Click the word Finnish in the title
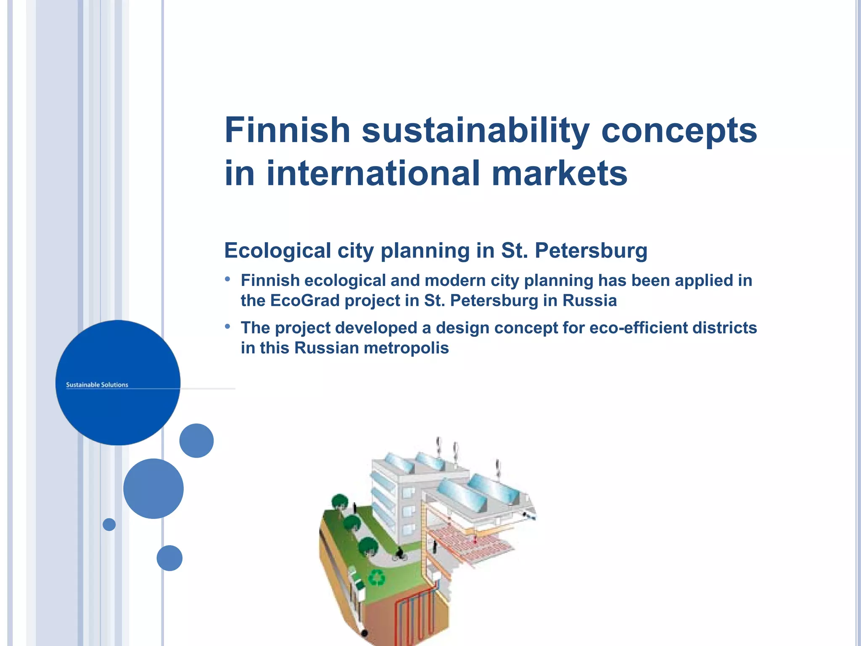point(288,130)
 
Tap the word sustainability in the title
point(475,130)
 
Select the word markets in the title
point(559,173)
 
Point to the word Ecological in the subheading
point(277,251)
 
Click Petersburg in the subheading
point(591,251)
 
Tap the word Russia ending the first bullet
point(589,301)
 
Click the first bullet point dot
point(227,279)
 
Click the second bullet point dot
point(227,326)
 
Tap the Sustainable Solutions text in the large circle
point(97,385)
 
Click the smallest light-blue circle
point(109,524)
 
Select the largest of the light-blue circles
point(153,489)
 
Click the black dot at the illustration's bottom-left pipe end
point(364,633)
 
